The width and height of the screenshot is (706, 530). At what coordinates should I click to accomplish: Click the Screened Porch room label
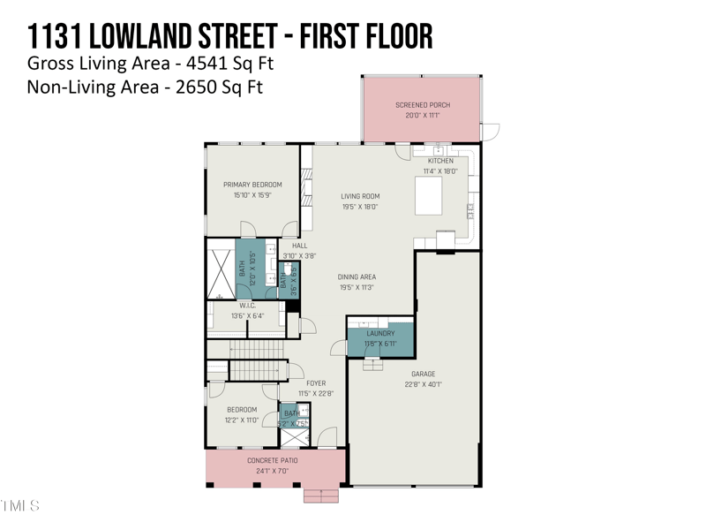(422, 105)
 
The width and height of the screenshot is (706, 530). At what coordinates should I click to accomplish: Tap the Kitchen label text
(440, 161)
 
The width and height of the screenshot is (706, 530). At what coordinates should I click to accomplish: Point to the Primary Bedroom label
(252, 185)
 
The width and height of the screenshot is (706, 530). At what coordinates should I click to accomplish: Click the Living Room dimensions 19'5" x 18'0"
(360, 207)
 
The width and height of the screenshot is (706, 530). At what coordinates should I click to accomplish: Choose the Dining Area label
(357, 277)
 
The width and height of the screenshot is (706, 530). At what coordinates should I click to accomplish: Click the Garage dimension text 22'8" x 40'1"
(423, 384)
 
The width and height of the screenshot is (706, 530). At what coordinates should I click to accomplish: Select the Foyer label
(315, 383)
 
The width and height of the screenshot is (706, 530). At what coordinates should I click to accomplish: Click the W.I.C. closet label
(246, 306)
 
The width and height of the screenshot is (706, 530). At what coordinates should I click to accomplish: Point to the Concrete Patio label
(272, 460)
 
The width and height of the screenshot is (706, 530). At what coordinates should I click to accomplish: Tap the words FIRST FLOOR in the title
(366, 36)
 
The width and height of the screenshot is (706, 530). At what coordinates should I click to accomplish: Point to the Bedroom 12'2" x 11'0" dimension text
(242, 420)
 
